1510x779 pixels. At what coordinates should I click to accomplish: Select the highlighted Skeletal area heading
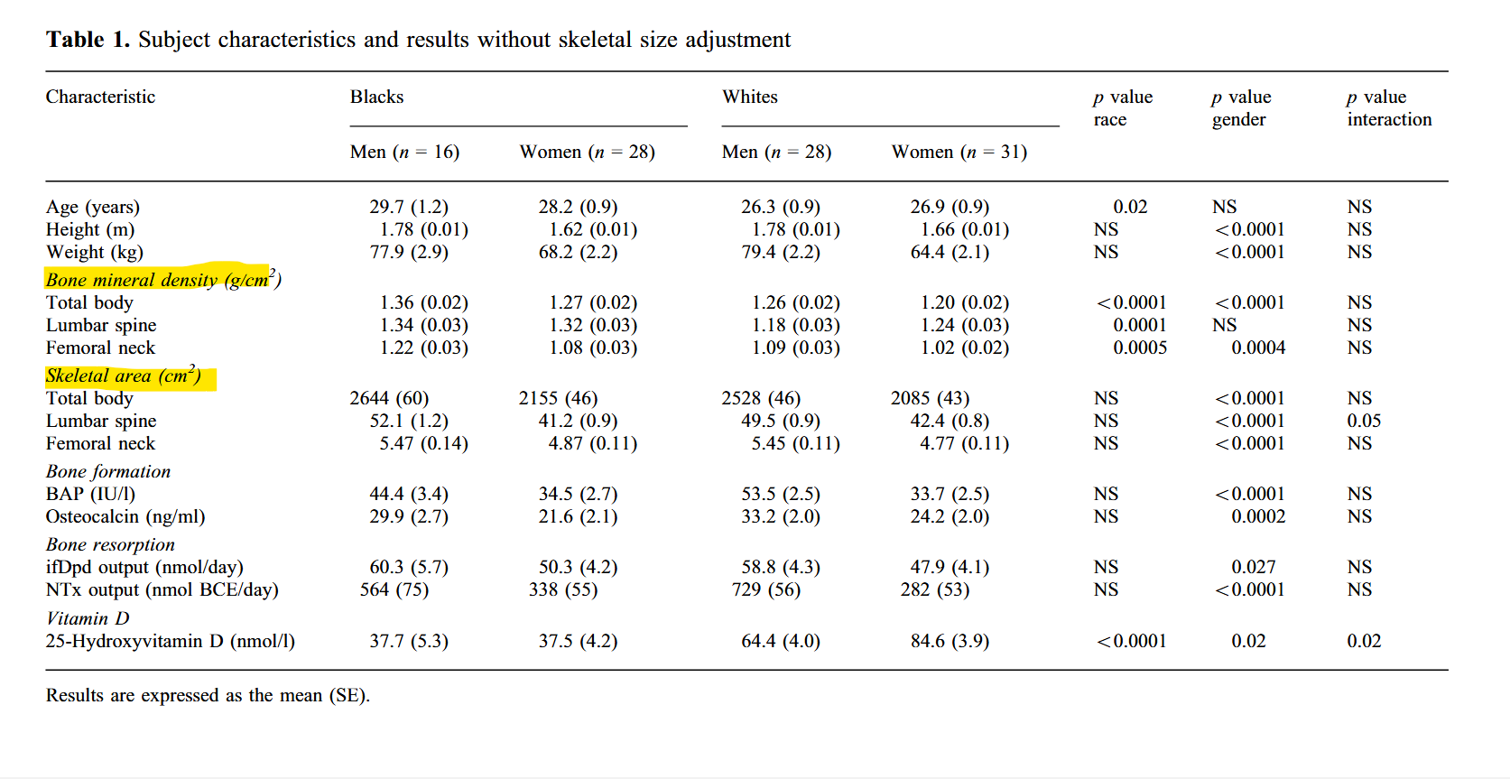point(124,376)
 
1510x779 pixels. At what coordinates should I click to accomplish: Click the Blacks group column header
point(376,97)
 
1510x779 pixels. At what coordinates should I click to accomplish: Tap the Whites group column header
point(749,97)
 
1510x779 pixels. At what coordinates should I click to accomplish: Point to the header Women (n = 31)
point(959,152)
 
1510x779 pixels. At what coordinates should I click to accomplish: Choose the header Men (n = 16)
point(404,152)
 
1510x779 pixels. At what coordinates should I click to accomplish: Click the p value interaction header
point(1388,107)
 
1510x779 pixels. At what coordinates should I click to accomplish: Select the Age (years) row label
point(93,207)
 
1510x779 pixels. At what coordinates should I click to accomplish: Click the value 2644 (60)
point(389,398)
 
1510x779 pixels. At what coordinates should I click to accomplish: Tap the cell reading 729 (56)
point(761,589)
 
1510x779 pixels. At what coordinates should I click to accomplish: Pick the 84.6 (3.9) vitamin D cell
point(950,641)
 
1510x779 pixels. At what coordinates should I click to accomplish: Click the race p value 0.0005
point(1139,348)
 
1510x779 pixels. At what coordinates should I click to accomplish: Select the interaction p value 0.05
point(1363,421)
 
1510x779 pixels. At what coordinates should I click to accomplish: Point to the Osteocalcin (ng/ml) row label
point(125,516)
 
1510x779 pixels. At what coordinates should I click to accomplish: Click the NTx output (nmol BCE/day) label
point(162,589)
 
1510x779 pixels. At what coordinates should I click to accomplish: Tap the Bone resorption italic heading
point(110,544)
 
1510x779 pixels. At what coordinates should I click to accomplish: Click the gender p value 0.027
point(1253,567)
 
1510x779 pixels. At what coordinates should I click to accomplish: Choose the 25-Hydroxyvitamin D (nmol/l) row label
point(170,641)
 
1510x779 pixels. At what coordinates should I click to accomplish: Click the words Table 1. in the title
point(88,40)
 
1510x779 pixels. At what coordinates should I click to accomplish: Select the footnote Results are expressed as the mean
point(208,695)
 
